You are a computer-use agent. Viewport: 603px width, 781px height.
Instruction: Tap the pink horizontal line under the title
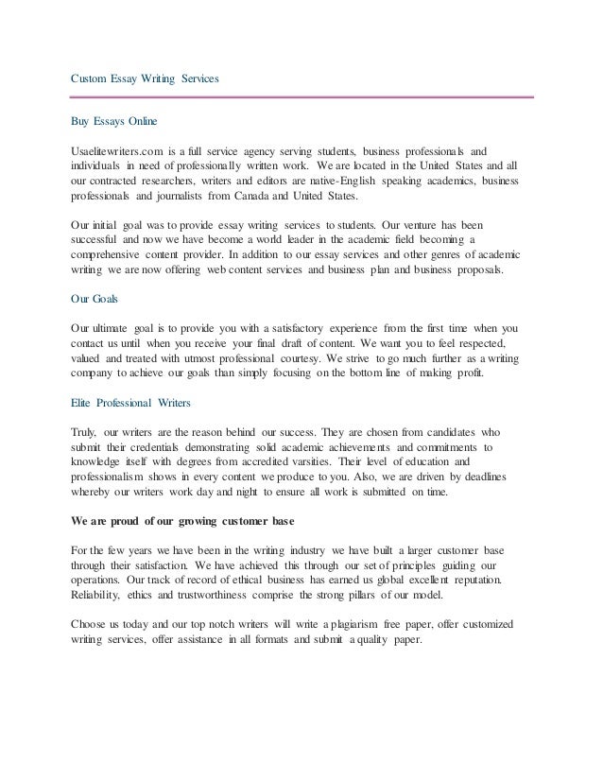[301, 96]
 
